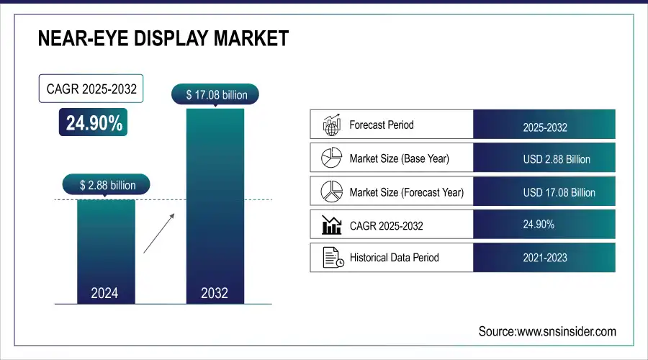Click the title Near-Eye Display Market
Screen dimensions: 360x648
[163, 39]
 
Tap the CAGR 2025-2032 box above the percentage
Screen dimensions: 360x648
[91, 90]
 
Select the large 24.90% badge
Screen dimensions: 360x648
[94, 123]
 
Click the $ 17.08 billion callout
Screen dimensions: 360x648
[215, 95]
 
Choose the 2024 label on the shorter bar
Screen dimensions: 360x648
[105, 293]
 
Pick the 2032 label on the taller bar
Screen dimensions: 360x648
[215, 293]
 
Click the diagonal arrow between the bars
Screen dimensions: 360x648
[160, 233]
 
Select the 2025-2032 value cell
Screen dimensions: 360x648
[545, 128]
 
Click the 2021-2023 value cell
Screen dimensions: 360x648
[545, 258]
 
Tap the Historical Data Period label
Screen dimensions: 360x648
[394, 257]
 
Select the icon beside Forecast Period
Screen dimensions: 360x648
[331, 125]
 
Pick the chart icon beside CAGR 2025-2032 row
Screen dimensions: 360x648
[331, 225]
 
